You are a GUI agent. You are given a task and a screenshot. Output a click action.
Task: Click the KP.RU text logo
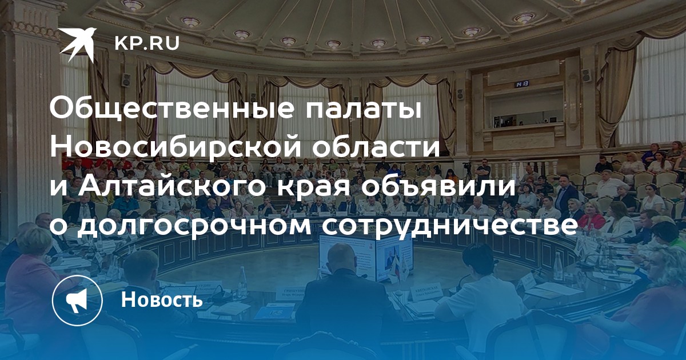coord(147,44)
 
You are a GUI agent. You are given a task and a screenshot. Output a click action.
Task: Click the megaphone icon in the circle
coord(77,300)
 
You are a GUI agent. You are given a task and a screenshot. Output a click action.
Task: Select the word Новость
coord(162,299)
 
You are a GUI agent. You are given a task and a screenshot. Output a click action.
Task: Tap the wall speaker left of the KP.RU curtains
coord(126,79)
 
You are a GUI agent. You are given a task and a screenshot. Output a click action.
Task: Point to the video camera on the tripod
coord(466,166)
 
